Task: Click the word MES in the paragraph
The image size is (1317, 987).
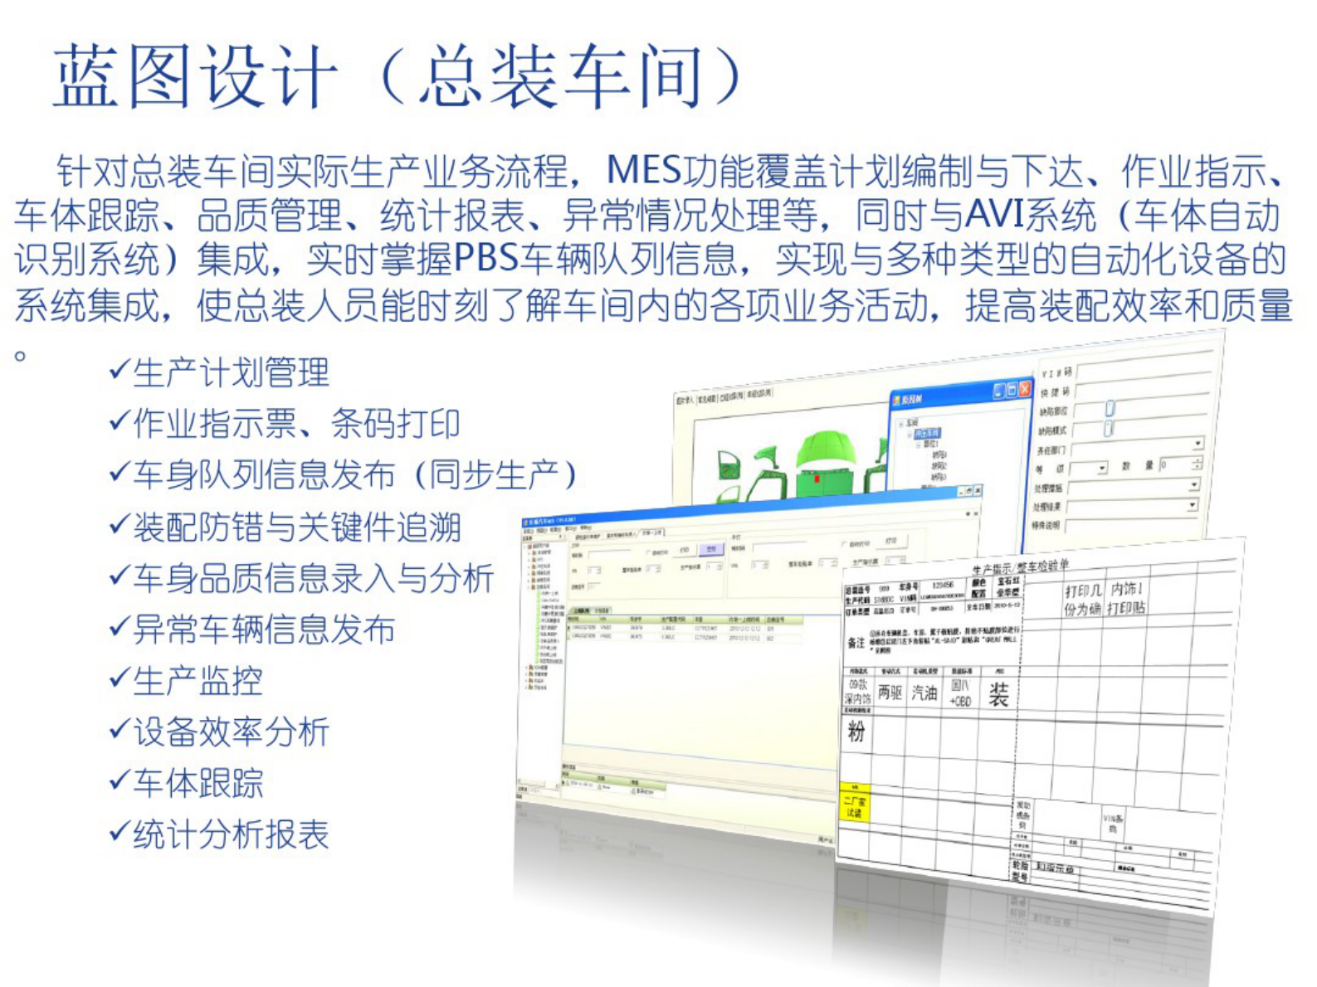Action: pos(644,171)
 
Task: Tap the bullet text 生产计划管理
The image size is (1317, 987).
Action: pos(231,373)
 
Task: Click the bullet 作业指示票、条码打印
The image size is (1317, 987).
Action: pos(296,425)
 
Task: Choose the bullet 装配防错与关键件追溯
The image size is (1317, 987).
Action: pos(296,528)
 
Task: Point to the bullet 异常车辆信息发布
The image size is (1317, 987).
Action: pos(263,630)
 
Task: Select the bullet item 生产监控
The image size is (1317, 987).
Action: pos(198,682)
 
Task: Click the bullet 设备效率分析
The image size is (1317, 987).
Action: pos(231,732)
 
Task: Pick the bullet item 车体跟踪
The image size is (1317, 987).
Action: pos(198,784)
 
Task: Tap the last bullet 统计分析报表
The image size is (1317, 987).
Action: pos(231,835)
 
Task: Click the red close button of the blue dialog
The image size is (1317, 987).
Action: pos(1025,389)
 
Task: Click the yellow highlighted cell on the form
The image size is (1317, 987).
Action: pos(855,804)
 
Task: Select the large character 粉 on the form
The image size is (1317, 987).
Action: pos(856,731)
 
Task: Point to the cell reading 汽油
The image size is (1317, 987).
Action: pos(924,693)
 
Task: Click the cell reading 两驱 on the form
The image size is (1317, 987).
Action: pos(890,693)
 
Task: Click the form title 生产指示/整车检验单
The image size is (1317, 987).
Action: pos(1020,567)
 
